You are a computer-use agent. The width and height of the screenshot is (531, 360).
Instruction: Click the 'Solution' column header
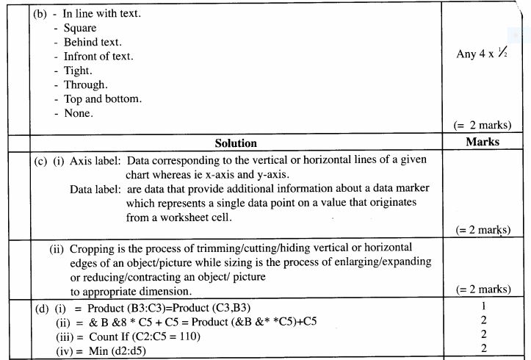236,143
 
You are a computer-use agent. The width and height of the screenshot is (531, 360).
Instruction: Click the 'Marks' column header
483,141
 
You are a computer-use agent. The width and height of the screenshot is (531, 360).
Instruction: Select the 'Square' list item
80,28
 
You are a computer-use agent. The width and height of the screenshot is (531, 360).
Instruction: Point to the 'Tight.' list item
78,71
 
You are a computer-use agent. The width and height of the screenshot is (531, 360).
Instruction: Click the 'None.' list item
79,113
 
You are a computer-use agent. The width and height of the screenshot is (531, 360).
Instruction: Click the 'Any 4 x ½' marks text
483,54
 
